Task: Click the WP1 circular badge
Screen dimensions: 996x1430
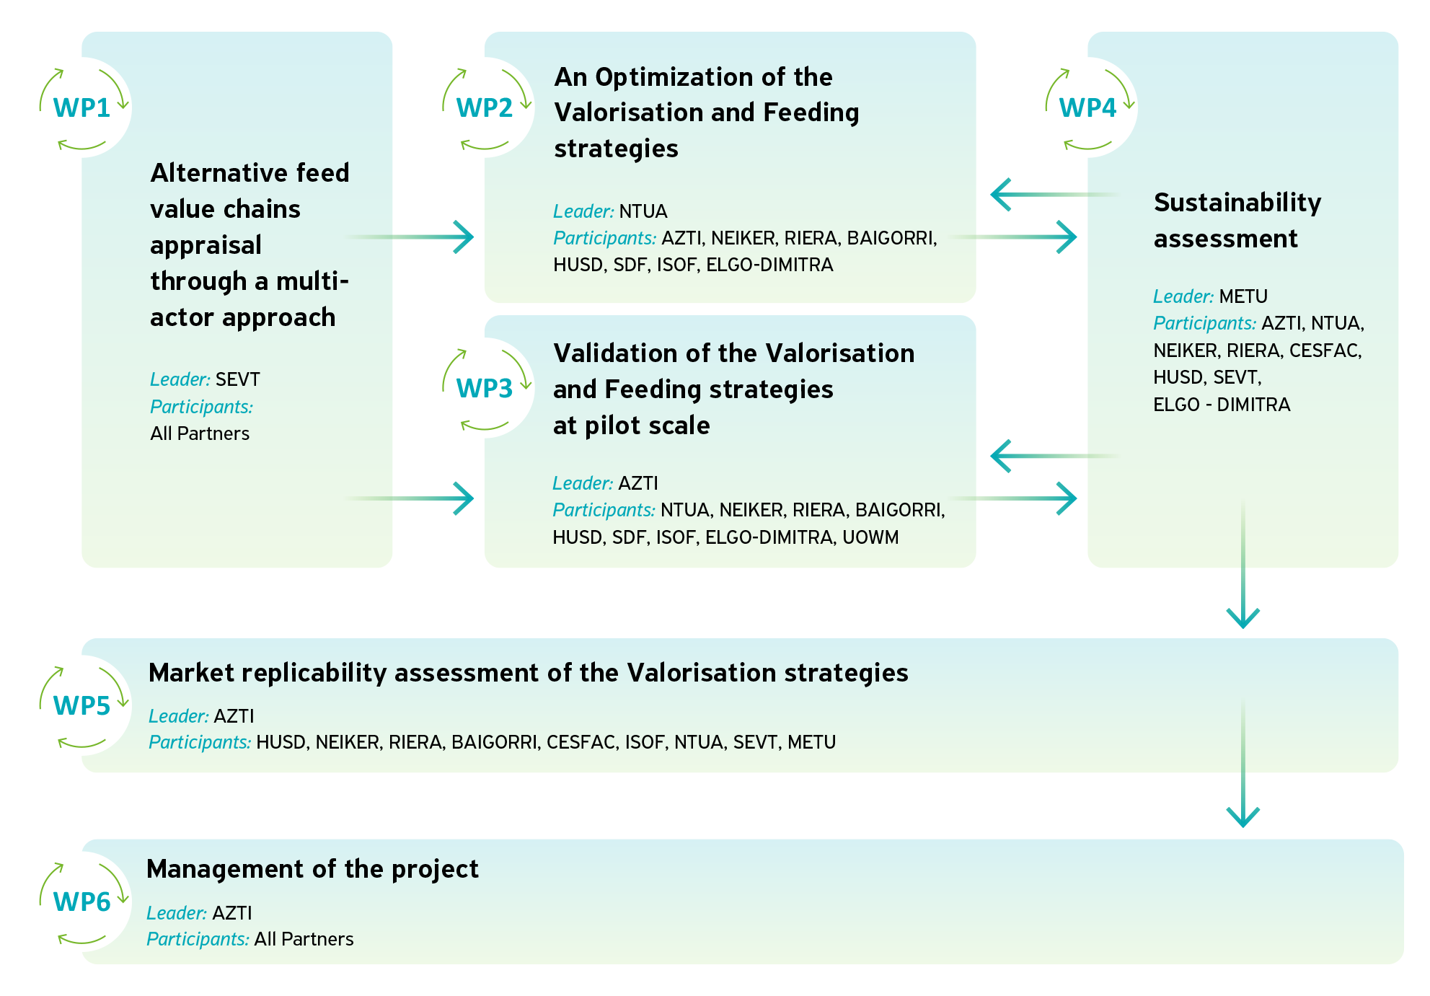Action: click(x=81, y=107)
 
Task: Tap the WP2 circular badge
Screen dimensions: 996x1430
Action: click(x=484, y=107)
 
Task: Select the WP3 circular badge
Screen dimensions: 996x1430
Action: click(x=484, y=388)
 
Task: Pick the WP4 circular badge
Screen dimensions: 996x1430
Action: click(x=1087, y=107)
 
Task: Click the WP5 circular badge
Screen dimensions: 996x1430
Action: click(x=81, y=705)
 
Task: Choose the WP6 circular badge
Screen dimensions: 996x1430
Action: click(x=81, y=902)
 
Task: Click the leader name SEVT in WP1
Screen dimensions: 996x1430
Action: click(x=237, y=379)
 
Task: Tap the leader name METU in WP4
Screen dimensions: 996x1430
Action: click(x=1243, y=296)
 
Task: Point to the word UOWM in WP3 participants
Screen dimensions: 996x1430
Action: click(x=870, y=537)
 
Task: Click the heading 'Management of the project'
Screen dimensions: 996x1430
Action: click(x=312, y=869)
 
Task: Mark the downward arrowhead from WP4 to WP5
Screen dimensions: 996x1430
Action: click(x=1243, y=617)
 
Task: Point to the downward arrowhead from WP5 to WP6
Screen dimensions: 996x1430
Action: click(x=1243, y=816)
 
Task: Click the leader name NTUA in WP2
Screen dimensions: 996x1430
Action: click(x=643, y=211)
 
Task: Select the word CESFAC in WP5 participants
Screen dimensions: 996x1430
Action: click(x=581, y=742)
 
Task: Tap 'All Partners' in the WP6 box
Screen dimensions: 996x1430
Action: click(x=304, y=939)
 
